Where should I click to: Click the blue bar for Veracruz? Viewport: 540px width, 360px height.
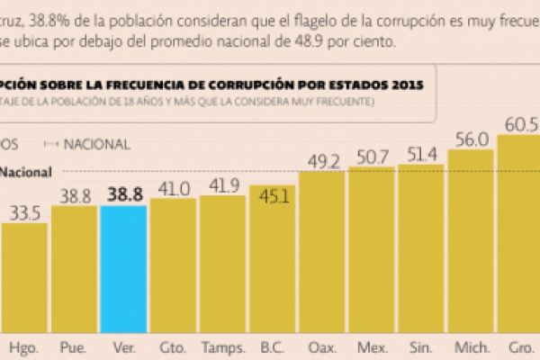pyautogui.click(x=123, y=270)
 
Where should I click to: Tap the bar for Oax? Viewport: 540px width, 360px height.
pyautogui.click(x=322, y=252)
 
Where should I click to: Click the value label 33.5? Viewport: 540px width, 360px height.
pyautogui.click(x=25, y=213)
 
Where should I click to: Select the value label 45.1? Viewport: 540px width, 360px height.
pyautogui.click(x=272, y=197)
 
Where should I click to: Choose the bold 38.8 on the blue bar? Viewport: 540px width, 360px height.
pyautogui.click(x=124, y=192)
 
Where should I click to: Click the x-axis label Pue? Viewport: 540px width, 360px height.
pyautogui.click(x=73, y=346)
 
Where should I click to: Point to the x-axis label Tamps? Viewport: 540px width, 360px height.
pyautogui.click(x=222, y=346)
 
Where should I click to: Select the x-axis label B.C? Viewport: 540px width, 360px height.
pyautogui.click(x=272, y=346)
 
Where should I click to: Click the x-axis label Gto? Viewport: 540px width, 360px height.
pyautogui.click(x=173, y=346)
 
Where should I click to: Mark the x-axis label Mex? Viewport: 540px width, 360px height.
pyautogui.click(x=371, y=346)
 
